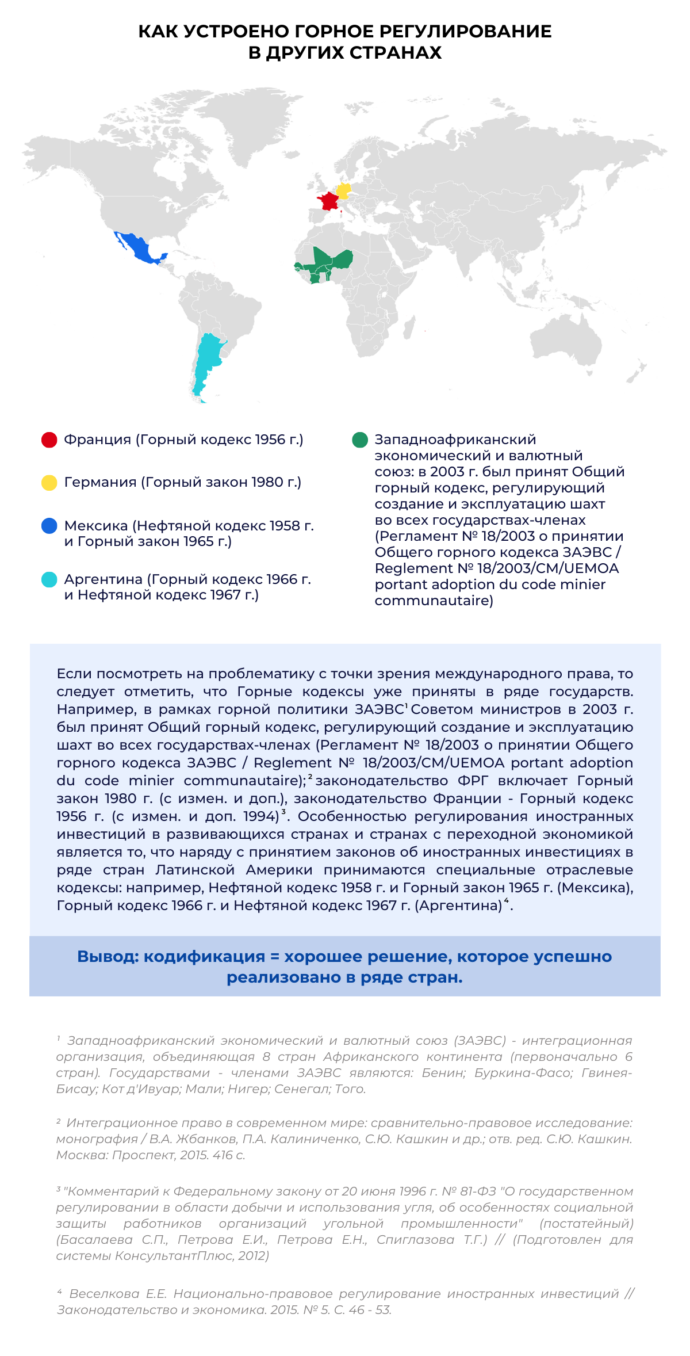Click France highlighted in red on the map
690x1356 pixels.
[x=329, y=201]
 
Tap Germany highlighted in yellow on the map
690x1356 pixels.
[x=344, y=190]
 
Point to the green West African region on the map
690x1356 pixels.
[x=328, y=262]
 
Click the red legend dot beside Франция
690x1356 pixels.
[x=49, y=440]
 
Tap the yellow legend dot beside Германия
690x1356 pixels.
[x=49, y=483]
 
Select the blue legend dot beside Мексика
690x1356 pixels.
[x=49, y=526]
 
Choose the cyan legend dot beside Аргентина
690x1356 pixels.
[x=49, y=579]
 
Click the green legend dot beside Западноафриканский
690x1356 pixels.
[x=360, y=440]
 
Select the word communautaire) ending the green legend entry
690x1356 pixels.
[x=434, y=601]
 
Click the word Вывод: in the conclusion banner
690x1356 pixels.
[x=108, y=956]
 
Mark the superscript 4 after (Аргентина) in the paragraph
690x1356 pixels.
[x=507, y=900]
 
